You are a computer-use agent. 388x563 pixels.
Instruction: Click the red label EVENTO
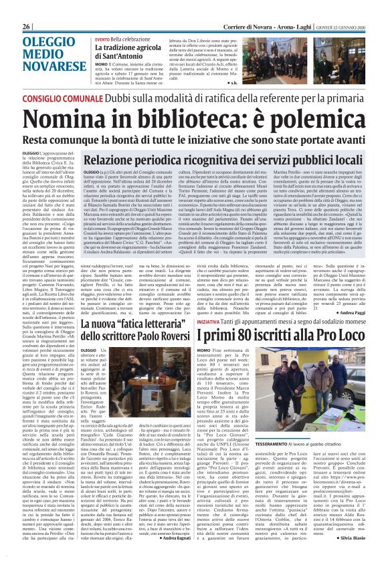click(102, 39)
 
